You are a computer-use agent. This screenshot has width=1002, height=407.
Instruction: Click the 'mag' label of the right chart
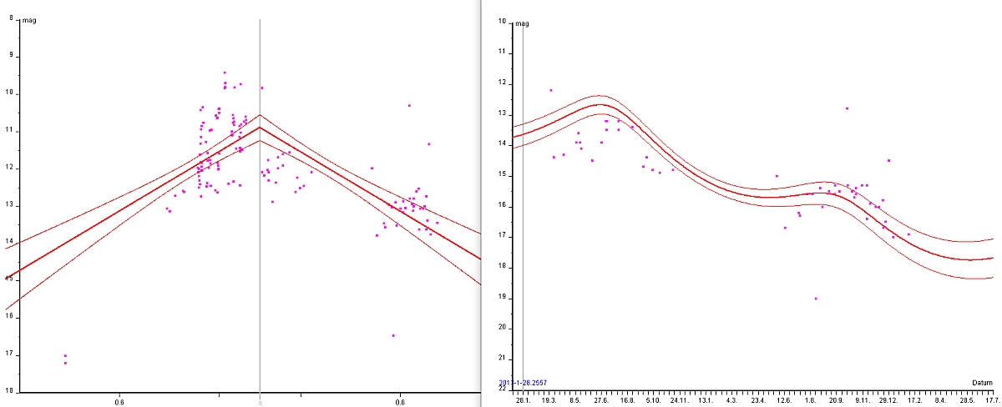click(x=523, y=23)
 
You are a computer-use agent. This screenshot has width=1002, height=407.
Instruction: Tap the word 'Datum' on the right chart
click(x=982, y=383)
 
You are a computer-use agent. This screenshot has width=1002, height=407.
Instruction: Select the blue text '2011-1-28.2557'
click(x=523, y=383)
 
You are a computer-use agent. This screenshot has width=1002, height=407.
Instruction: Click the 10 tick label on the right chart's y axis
click(x=503, y=21)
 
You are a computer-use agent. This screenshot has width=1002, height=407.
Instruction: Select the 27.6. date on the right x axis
click(x=601, y=400)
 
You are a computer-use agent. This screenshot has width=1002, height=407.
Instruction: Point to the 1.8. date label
click(x=810, y=400)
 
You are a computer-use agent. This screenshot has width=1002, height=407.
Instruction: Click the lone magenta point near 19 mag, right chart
click(x=816, y=299)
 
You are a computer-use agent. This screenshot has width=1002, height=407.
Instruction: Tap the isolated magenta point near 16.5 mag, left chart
click(x=393, y=335)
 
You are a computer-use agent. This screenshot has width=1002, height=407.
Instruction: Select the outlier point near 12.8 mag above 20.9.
click(x=847, y=108)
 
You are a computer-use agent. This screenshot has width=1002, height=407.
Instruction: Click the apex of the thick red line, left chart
click(x=260, y=128)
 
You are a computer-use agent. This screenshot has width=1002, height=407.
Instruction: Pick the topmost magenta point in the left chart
click(x=225, y=73)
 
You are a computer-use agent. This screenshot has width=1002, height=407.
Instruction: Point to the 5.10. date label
click(x=654, y=400)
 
